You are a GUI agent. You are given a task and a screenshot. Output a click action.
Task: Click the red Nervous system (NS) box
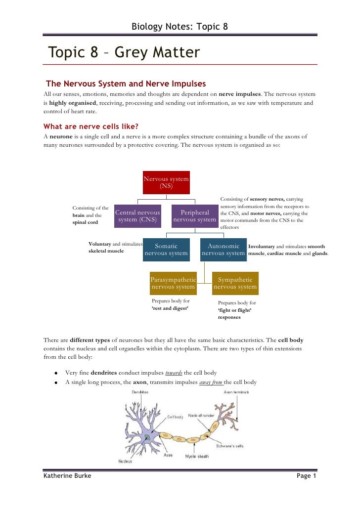(166, 182)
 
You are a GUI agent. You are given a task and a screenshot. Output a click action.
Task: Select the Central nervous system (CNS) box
(138, 216)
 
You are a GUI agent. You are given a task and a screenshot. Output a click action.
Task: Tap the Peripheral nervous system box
(195, 216)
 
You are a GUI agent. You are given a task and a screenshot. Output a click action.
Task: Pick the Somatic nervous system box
(166, 250)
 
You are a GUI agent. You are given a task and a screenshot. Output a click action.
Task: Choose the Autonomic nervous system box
(224, 250)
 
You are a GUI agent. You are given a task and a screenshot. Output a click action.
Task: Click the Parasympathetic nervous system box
(173, 283)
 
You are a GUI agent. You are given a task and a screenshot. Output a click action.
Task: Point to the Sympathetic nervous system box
(235, 283)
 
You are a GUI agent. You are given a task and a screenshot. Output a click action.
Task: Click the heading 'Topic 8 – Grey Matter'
(124, 52)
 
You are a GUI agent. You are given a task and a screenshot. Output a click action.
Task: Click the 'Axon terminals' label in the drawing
(236, 392)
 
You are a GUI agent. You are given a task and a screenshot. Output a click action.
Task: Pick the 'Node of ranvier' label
(201, 416)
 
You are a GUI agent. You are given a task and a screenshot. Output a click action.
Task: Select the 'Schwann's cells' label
(232, 446)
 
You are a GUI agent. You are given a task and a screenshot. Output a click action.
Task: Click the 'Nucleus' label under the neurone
(125, 461)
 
